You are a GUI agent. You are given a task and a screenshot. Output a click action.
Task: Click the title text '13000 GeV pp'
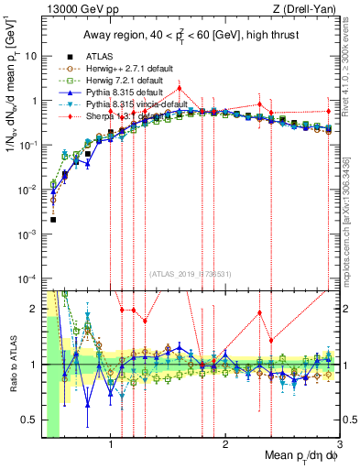click(x=79, y=9)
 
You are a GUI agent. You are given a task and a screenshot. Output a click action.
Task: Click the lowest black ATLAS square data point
click(x=53, y=220)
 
